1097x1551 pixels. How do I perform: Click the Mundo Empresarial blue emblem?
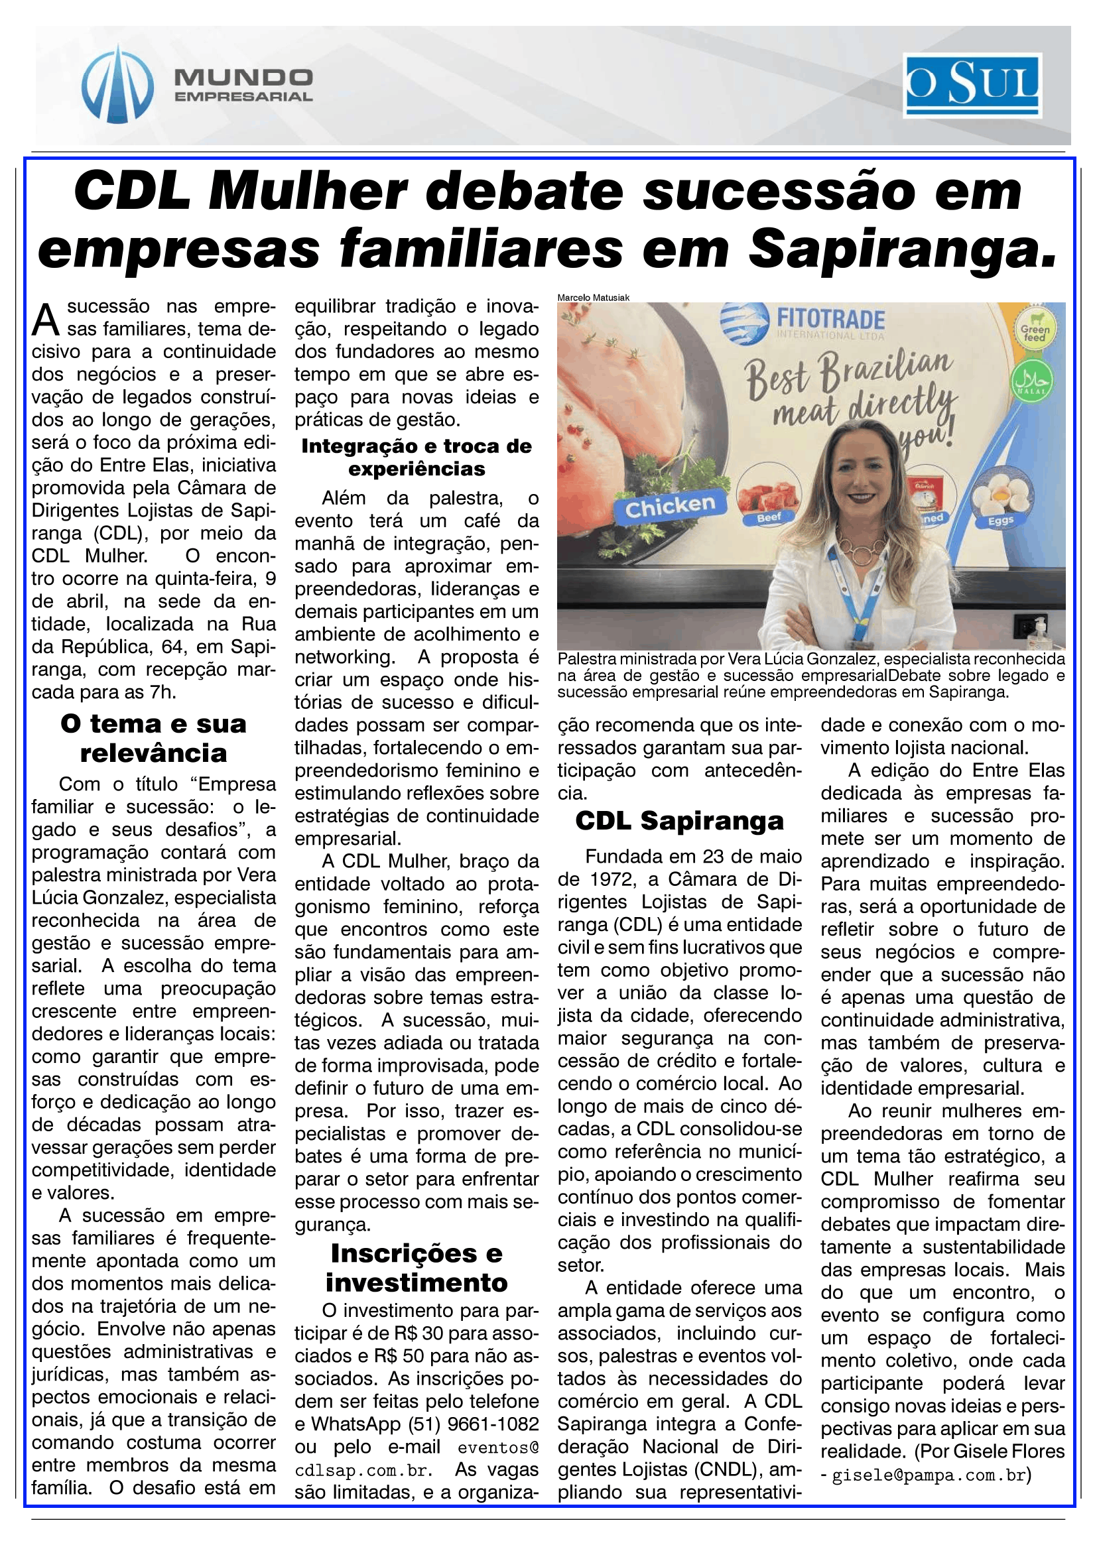[x=117, y=85]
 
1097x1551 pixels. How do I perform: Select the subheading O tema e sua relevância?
[x=153, y=738]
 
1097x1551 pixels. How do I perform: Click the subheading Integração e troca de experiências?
[x=416, y=458]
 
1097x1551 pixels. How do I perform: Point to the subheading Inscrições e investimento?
[x=416, y=1267]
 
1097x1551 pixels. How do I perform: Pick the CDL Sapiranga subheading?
[x=679, y=821]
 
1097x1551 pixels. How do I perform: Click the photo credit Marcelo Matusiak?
[x=593, y=297]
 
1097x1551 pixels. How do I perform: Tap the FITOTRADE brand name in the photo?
[x=830, y=319]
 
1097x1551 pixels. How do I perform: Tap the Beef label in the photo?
[x=769, y=517]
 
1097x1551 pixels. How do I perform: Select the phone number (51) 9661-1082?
[x=474, y=1424]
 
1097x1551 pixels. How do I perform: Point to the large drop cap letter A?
[x=46, y=320]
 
